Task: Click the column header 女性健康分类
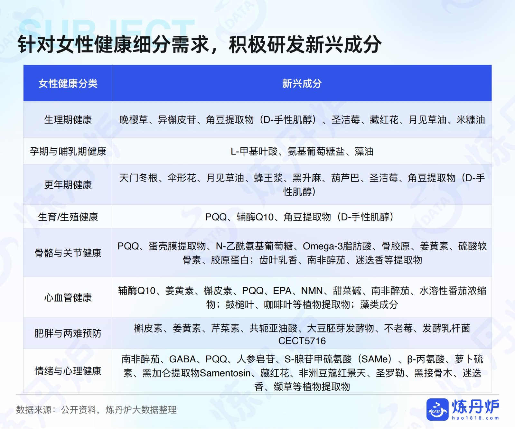[x=68, y=84]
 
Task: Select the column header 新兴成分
[x=302, y=84]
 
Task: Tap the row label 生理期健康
[x=68, y=120]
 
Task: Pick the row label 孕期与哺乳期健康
[x=68, y=151]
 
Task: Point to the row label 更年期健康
[x=68, y=185]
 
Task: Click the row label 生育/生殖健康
[x=68, y=217]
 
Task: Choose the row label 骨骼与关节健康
[x=68, y=253]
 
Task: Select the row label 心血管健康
[x=68, y=297]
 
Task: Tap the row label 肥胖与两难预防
[x=68, y=333]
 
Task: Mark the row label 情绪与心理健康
[x=68, y=371]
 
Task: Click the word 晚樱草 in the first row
[x=134, y=120]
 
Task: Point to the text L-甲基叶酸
[x=254, y=151]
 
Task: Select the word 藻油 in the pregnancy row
[x=364, y=151]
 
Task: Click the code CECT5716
[x=302, y=341]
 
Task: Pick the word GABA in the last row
[x=183, y=359]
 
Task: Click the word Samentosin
[x=225, y=373]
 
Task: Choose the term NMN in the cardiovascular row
[x=312, y=291]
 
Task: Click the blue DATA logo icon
[x=437, y=409]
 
